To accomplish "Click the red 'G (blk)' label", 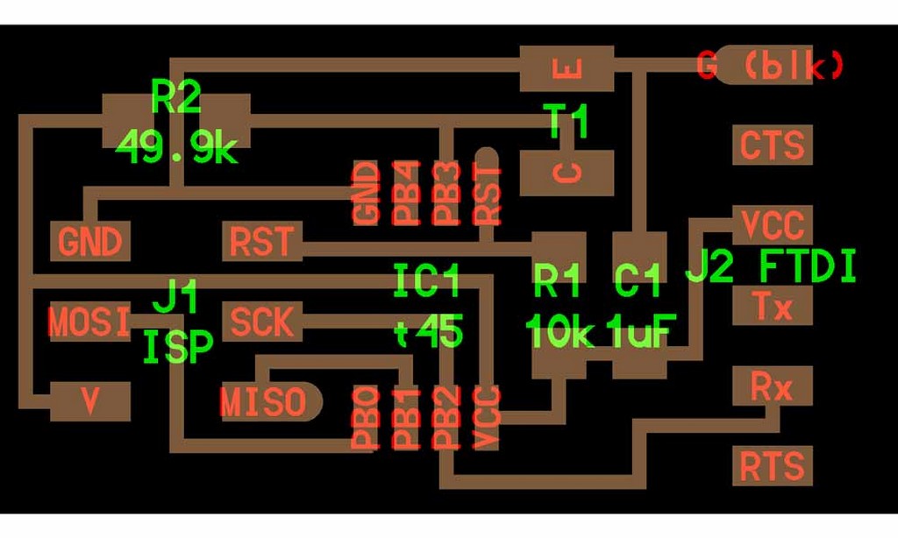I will click(772, 66).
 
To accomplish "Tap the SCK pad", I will click(261, 322).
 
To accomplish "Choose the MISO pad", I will click(263, 402).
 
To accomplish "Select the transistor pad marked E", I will click(567, 68).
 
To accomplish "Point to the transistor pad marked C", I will click(567, 173).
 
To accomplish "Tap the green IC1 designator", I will click(427, 280).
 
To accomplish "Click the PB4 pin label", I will click(406, 193).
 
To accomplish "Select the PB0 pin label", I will click(366, 419).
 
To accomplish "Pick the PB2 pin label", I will click(446, 419).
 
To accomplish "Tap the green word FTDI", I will click(807, 267).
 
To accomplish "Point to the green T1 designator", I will click(568, 121).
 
